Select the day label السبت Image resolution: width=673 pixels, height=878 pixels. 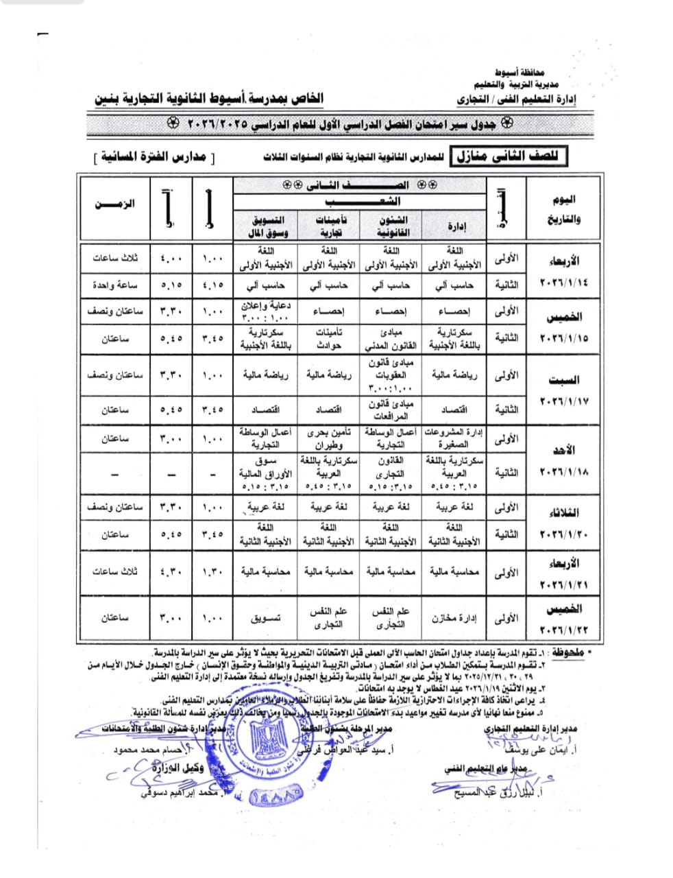[563, 379]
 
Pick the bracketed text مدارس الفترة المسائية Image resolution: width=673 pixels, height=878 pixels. [154, 157]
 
